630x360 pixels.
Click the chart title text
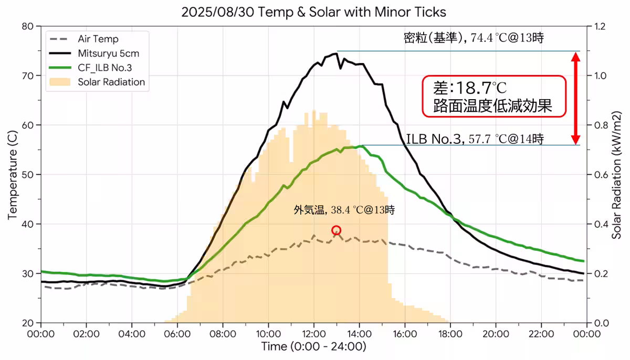[314, 12]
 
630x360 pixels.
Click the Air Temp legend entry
[98, 39]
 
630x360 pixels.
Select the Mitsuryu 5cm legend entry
[108, 53]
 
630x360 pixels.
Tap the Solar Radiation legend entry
[111, 82]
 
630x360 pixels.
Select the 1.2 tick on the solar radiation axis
[600, 26]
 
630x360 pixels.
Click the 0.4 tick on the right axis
[600, 224]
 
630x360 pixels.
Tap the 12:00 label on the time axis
[314, 334]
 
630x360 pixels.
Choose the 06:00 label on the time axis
[177, 334]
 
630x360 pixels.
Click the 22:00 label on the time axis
[541, 334]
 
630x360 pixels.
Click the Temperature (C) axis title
[13, 175]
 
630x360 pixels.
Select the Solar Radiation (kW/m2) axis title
[617, 175]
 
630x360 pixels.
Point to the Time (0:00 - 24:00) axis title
[314, 347]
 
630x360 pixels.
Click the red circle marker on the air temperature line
[337, 230]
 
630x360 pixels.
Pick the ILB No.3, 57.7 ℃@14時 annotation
[475, 139]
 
